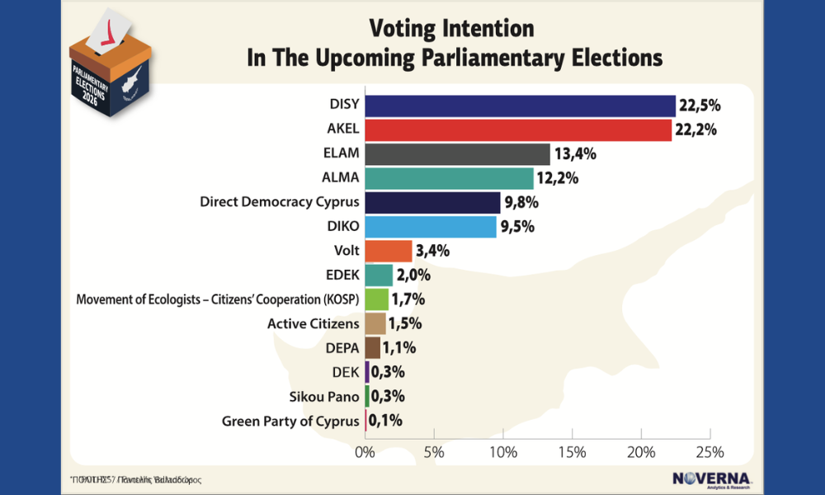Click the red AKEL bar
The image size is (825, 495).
click(518, 130)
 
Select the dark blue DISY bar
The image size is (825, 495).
click(520, 106)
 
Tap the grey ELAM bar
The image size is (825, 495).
click(457, 154)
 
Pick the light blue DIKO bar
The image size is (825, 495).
click(431, 227)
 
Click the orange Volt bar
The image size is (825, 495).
click(388, 251)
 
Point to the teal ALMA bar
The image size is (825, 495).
click(449, 178)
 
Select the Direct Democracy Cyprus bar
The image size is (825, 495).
click(432, 202)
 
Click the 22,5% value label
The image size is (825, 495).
click(700, 106)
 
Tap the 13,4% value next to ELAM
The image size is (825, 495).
click(574, 154)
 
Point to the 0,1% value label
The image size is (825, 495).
click(386, 421)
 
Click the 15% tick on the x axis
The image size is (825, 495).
click(572, 452)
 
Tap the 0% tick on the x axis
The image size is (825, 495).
click(364, 452)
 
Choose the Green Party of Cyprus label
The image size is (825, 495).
click(290, 421)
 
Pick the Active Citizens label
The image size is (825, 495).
click(313, 323)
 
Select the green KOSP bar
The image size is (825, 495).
click(376, 299)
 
